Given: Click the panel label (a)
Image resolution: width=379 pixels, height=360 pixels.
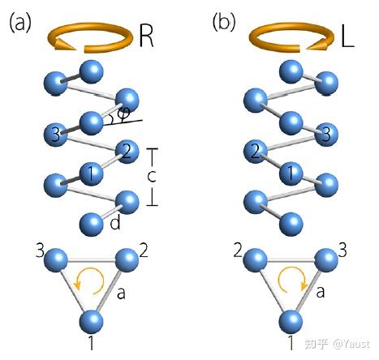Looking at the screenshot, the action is (20, 23).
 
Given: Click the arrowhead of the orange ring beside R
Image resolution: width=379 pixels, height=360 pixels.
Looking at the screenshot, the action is (64, 44).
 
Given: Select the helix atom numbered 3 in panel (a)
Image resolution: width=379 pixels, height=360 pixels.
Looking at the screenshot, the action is (55, 134).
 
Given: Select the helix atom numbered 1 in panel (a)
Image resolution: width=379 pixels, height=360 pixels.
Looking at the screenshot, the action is (92, 174).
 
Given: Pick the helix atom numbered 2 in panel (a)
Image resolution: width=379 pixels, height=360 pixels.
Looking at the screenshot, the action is (127, 152).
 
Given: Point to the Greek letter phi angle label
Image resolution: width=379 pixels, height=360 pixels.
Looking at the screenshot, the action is (125, 114).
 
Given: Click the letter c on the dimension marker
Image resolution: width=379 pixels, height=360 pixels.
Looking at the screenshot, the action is (152, 176).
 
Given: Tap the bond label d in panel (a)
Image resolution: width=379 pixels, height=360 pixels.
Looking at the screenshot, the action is (115, 223).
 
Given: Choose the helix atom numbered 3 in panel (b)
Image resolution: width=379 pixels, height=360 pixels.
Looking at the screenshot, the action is (326, 134).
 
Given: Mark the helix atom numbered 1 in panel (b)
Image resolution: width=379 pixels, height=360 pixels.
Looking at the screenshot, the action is (291, 174).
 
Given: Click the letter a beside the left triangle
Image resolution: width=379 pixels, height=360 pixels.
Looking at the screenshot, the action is (121, 294).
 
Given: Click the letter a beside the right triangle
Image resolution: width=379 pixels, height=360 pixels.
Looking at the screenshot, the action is (321, 292).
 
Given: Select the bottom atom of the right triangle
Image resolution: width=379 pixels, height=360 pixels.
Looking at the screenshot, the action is (291, 322).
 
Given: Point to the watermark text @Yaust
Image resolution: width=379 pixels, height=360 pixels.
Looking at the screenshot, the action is (351, 344).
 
